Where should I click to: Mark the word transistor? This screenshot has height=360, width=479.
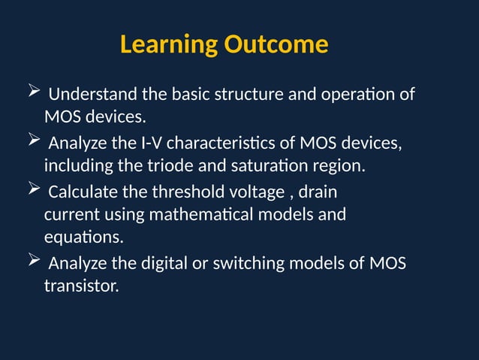81,286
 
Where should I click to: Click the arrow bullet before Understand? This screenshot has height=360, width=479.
33,94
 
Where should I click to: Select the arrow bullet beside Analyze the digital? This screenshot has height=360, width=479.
33,262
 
